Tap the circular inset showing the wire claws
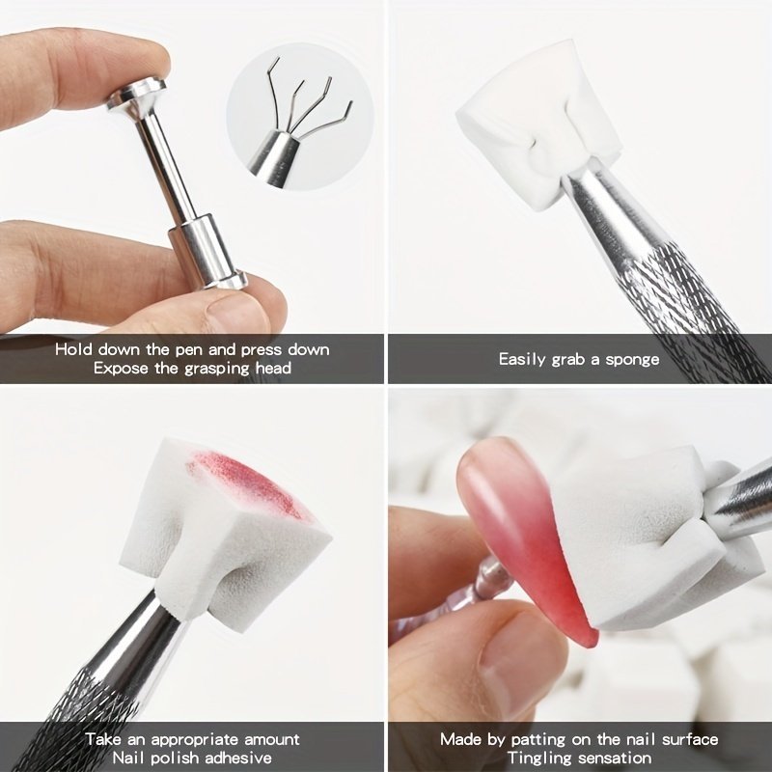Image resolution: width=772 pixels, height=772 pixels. pyautogui.click(x=300, y=117)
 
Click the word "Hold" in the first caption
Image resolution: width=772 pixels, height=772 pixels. pyautogui.click(x=74, y=349)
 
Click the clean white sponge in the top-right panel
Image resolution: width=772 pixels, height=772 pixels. pyautogui.click(x=538, y=124)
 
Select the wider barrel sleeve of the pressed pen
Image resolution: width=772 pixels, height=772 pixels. pyautogui.click(x=202, y=248)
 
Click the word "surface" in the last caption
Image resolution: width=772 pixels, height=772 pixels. pyautogui.click(x=690, y=740)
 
